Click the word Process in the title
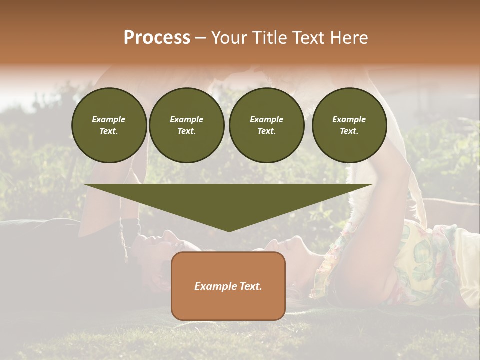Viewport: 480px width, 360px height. (x=157, y=38)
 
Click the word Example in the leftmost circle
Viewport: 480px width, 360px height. (x=109, y=119)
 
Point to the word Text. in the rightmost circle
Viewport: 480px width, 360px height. (x=349, y=131)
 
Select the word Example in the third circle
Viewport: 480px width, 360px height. (x=266, y=119)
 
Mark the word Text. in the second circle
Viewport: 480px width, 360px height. (x=187, y=131)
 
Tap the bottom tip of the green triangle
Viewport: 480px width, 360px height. (x=229, y=230)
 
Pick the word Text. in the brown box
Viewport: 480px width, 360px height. (x=251, y=286)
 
